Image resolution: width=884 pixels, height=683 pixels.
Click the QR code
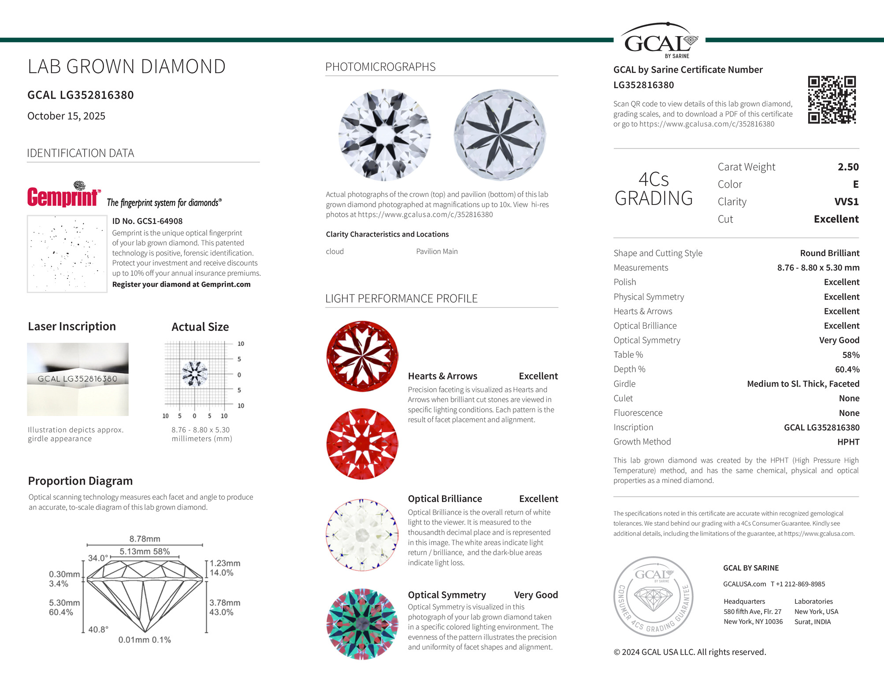coord(832,100)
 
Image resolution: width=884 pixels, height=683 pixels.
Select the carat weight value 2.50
coord(848,167)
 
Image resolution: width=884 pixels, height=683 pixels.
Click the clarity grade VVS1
coord(846,202)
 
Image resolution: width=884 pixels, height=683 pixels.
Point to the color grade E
coord(855,184)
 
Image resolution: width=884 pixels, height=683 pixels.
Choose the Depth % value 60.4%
coord(847,369)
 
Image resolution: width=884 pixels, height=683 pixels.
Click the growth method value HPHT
coord(848,442)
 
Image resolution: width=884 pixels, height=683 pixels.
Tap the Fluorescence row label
coord(638,413)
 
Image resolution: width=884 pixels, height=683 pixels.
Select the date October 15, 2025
coord(66,116)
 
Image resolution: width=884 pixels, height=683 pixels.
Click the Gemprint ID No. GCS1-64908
coord(147,221)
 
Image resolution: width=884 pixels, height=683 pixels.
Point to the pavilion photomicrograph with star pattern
coord(500,134)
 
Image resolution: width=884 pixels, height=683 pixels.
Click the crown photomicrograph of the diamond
coord(384,134)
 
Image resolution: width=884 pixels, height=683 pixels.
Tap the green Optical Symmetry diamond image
coord(362,624)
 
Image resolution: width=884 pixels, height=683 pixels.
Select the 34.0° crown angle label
coord(98,558)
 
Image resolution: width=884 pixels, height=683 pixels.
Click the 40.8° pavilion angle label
coord(98,629)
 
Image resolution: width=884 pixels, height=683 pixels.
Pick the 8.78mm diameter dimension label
coord(145,539)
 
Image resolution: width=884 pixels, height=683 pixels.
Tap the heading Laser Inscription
coord(72,327)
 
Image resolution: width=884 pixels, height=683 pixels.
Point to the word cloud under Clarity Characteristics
coord(334,252)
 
